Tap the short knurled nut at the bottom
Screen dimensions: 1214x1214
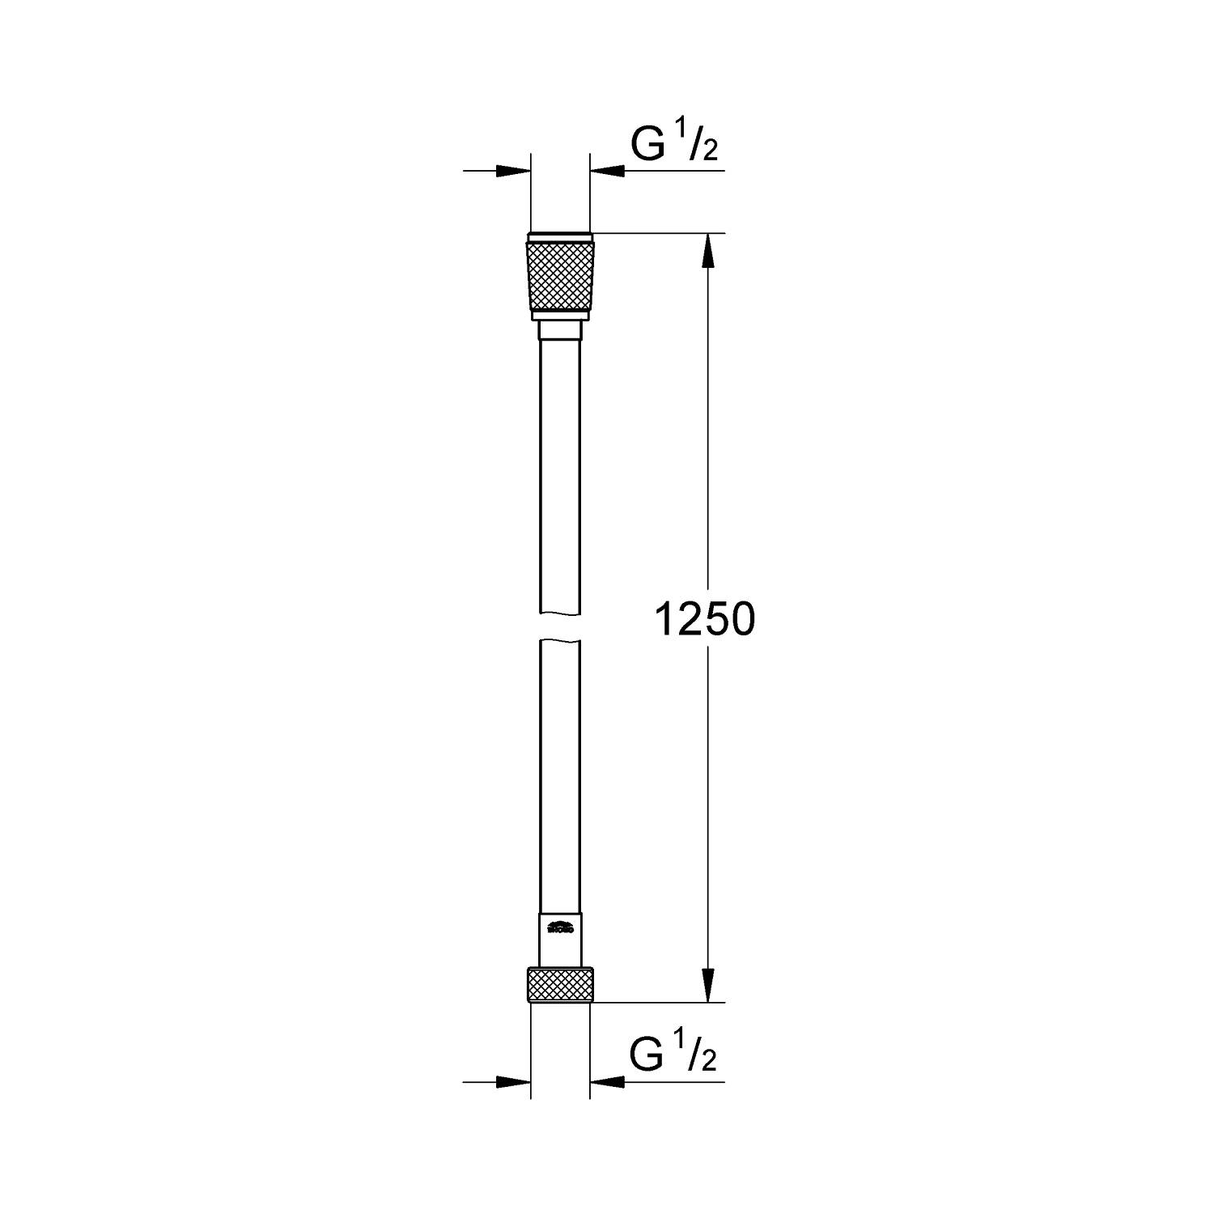[x=560, y=986]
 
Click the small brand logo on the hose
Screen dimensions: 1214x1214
[x=560, y=927]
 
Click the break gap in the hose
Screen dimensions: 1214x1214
[x=560, y=627]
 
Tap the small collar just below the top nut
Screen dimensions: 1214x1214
[x=560, y=331]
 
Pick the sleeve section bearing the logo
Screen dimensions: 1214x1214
[x=560, y=939]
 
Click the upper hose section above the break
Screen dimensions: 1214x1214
[x=560, y=478]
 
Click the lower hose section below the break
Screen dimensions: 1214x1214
[x=560, y=769]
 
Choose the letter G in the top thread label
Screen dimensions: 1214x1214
[x=647, y=146]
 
